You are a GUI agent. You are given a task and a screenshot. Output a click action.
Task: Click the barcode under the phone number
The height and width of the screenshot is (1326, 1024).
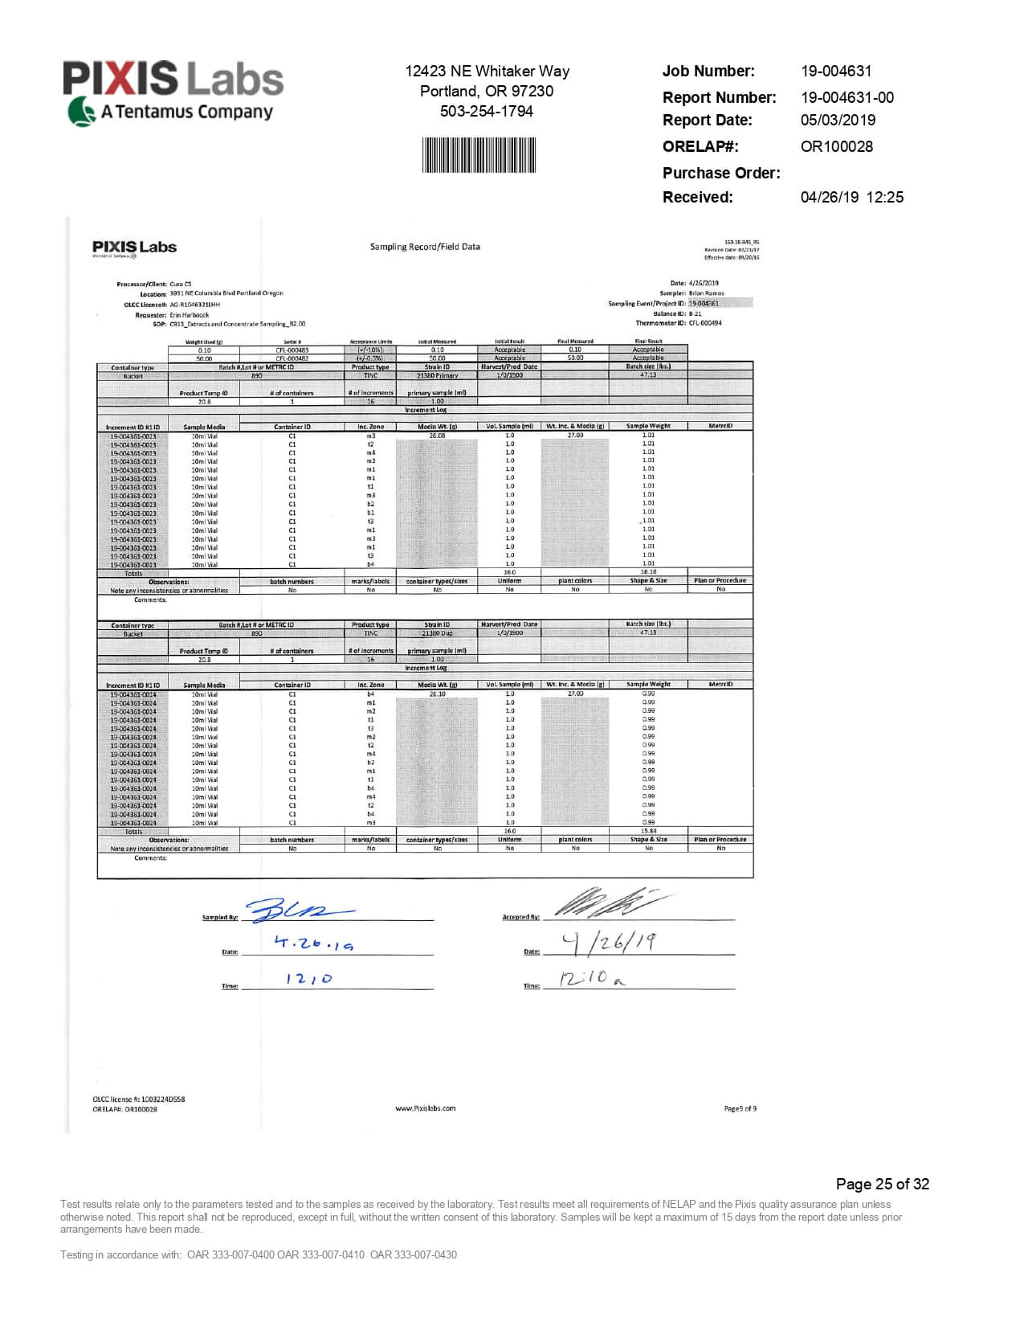coord(479,154)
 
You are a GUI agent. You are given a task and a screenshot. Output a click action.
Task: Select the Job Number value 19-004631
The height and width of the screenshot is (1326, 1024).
coord(835,71)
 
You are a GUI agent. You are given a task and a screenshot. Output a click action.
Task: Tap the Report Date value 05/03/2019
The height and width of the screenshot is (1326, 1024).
coord(838,120)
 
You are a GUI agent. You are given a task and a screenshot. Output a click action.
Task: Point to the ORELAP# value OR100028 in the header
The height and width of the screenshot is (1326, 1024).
coord(836,146)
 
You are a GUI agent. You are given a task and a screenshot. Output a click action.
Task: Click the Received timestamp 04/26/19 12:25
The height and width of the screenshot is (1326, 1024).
coord(851,197)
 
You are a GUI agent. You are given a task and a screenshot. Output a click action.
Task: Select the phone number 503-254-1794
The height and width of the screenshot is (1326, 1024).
coord(486,111)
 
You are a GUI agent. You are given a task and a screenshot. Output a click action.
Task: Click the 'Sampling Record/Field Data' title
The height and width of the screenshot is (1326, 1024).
coord(425,247)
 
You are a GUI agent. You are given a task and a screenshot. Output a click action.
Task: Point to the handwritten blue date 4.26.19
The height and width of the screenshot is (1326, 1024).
coord(313,943)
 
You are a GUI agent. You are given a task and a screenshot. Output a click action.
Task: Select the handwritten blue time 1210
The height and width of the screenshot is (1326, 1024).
coord(308,979)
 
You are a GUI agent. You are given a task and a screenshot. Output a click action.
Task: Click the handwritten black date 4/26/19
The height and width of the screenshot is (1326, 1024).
coord(608,942)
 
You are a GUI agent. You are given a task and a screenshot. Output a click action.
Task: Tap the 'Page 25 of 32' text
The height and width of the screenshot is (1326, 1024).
coord(882,1184)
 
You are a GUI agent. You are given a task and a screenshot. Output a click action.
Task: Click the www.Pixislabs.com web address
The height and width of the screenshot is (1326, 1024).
coord(425,1108)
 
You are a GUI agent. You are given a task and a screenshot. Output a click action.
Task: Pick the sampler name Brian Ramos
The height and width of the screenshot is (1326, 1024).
coord(706,293)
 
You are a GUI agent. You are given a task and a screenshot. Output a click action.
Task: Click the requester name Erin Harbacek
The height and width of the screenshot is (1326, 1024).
coord(190,315)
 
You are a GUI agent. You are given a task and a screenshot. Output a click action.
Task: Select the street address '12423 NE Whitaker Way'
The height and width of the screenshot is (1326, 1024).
coord(487,71)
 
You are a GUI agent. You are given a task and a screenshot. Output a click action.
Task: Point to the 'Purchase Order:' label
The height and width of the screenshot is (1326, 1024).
coord(720,173)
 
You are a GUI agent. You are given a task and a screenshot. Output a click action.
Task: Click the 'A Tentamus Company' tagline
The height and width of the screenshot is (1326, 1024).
coord(186,112)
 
